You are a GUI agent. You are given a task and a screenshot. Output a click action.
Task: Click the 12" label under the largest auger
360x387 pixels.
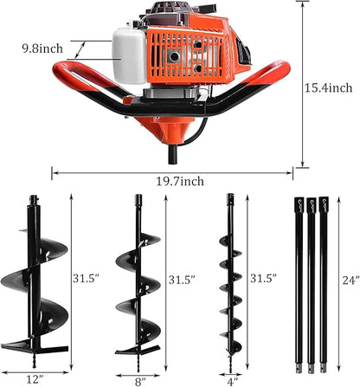(x=35, y=377)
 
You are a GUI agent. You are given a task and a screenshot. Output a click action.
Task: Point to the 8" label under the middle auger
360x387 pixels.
(x=139, y=377)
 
